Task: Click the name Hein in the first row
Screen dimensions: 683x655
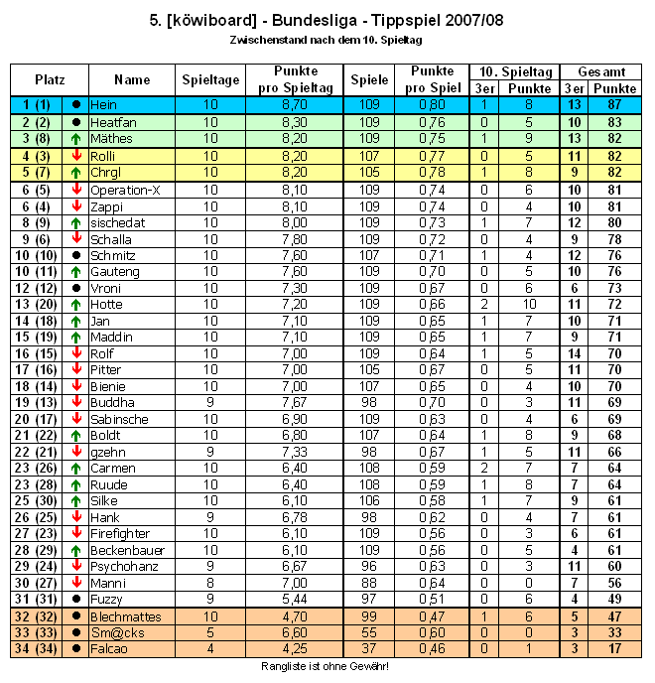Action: tap(103, 104)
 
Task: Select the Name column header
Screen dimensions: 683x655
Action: tap(132, 79)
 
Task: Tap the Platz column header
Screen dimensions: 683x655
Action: tap(50, 79)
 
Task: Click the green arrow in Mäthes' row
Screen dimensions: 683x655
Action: tap(76, 139)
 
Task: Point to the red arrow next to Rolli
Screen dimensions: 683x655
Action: tap(76, 156)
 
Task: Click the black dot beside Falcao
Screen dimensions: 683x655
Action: tap(76, 649)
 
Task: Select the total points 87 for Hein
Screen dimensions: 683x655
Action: tap(615, 104)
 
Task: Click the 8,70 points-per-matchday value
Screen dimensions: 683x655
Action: tap(294, 104)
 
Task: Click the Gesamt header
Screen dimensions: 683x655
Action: tap(600, 72)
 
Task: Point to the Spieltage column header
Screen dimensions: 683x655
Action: tap(210, 79)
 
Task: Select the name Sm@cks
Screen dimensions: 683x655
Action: tap(113, 632)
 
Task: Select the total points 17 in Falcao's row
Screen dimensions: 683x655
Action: tap(615, 649)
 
